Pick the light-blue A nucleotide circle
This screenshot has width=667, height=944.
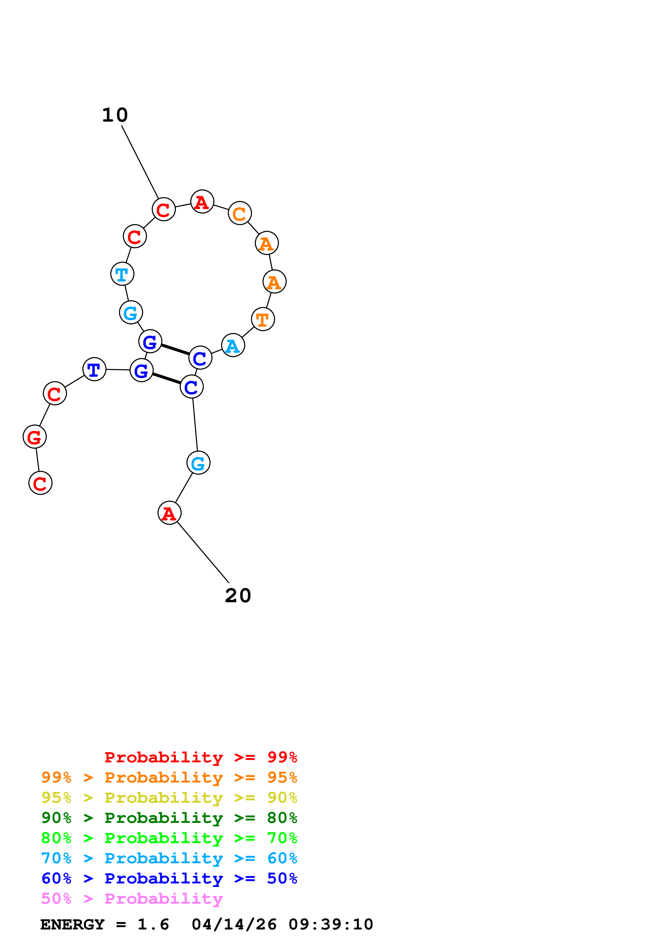(x=233, y=345)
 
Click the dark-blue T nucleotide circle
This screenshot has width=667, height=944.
(x=94, y=369)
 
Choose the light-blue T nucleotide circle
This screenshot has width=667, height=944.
(x=122, y=274)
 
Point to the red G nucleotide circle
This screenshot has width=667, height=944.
(x=34, y=437)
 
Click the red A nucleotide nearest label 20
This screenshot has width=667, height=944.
(x=169, y=513)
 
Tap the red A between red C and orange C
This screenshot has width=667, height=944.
(x=202, y=202)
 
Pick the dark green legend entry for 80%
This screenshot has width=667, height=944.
(x=169, y=818)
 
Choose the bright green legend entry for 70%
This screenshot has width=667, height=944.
(x=169, y=838)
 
